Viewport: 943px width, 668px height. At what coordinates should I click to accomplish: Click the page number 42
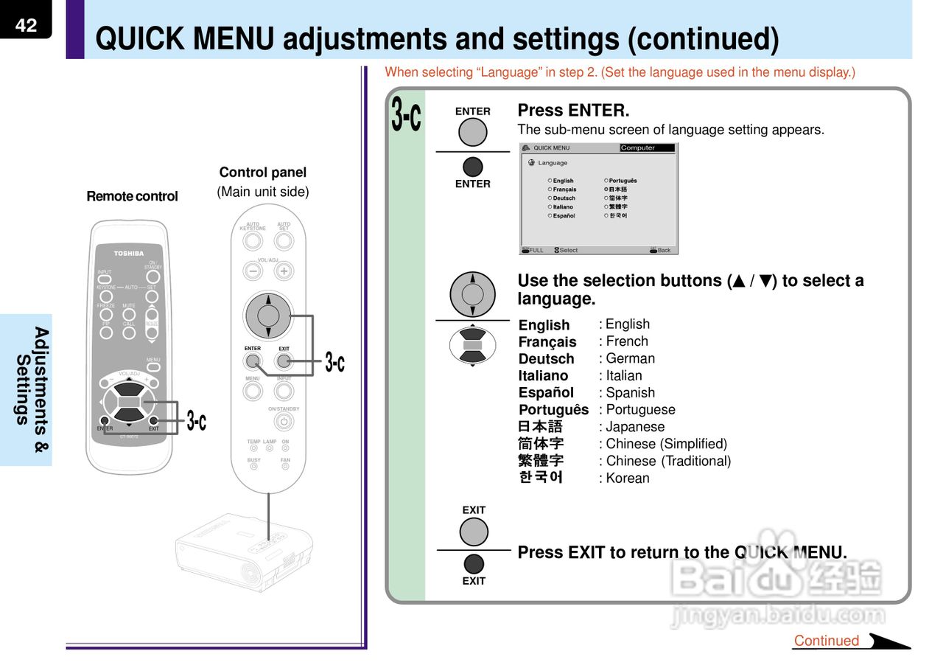click(x=26, y=25)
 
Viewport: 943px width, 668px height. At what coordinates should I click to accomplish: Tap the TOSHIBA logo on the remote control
click(x=129, y=254)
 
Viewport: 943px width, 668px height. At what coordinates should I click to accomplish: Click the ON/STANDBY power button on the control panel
click(x=284, y=422)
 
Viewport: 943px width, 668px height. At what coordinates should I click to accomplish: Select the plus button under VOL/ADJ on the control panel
click(x=284, y=271)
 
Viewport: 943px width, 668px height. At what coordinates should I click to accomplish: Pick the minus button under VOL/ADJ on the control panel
click(x=253, y=271)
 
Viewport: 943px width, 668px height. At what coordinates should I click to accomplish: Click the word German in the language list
click(x=630, y=358)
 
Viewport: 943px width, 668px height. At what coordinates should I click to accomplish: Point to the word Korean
click(x=628, y=478)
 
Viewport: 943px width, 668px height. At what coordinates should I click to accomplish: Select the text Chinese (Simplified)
click(x=666, y=444)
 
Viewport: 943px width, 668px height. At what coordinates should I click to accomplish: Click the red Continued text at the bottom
click(x=827, y=641)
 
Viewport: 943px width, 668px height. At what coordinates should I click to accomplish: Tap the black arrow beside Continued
click(x=888, y=641)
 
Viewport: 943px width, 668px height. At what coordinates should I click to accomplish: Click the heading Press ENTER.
click(x=573, y=111)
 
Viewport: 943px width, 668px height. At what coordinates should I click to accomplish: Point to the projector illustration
click(x=243, y=553)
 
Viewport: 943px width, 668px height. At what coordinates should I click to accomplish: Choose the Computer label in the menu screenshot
click(x=638, y=148)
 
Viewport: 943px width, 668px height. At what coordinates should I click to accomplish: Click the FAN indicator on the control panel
click(x=285, y=467)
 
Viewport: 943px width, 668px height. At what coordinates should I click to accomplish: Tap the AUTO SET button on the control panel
click(x=284, y=241)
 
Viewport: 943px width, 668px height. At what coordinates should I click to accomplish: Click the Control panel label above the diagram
click(x=262, y=173)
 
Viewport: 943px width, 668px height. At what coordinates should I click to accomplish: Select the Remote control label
click(x=133, y=196)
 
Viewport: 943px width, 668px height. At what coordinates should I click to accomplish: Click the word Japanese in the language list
click(x=635, y=427)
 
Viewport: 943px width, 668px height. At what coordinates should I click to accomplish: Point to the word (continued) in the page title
click(x=703, y=40)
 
